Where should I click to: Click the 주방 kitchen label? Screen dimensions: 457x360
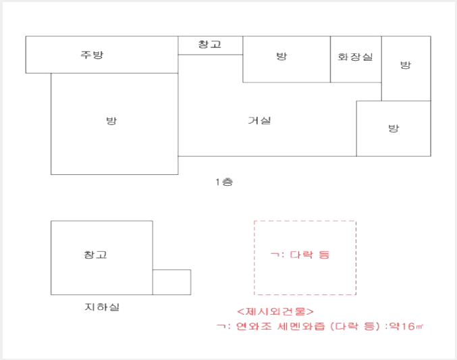[x=92, y=55]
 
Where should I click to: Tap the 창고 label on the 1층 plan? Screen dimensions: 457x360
[x=209, y=45]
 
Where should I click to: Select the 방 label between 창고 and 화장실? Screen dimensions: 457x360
[x=281, y=56]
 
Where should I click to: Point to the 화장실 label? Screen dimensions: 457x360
[x=355, y=57]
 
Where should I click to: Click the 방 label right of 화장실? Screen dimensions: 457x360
[x=406, y=65]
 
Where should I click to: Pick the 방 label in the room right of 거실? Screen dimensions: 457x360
[x=394, y=128]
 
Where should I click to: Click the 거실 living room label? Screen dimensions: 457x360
[x=259, y=120]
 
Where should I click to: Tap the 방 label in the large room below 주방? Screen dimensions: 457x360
[x=111, y=120]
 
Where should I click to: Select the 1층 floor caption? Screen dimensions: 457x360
[x=224, y=182]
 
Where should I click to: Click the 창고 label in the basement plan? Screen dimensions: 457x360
[x=95, y=255]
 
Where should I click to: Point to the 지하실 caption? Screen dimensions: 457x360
[x=102, y=307]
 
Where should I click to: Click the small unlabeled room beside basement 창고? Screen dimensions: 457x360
[x=171, y=282]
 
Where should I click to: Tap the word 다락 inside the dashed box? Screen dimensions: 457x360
[x=302, y=255]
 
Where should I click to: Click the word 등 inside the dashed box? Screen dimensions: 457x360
[x=324, y=255]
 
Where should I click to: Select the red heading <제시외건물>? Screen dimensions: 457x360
[x=275, y=311]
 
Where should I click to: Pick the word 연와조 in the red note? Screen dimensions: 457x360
[x=254, y=326]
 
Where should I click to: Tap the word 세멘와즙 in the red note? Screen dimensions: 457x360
[x=301, y=326]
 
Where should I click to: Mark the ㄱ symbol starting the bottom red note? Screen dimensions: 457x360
[x=221, y=326]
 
